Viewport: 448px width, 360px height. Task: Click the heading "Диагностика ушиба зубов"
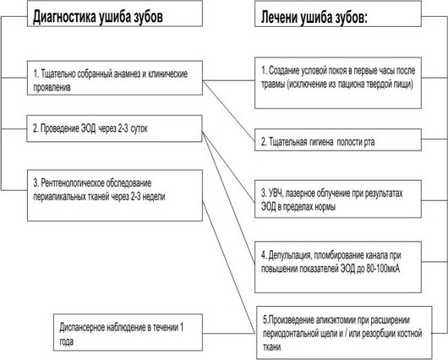pos(98,17)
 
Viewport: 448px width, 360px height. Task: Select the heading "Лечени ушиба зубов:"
pos(314,17)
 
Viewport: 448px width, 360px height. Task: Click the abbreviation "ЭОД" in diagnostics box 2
pos(89,128)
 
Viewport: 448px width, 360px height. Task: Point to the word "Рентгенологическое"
pos(73,183)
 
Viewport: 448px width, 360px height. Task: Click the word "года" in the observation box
pos(66,341)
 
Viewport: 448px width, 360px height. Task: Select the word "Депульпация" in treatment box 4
pos(289,255)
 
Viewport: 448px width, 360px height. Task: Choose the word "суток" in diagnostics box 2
pos(139,128)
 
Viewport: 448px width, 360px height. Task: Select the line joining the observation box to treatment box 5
pos(228,333)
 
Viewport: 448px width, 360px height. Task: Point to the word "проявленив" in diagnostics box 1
pos(52,88)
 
